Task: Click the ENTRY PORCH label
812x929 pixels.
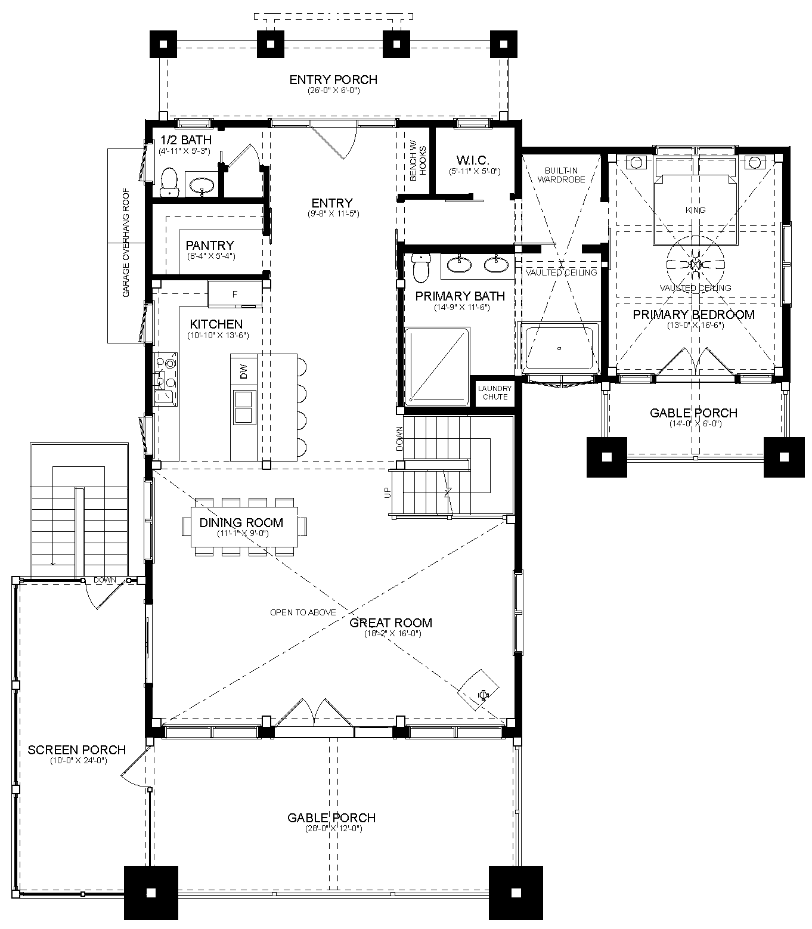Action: [333, 80]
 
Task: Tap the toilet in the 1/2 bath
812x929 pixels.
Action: [169, 182]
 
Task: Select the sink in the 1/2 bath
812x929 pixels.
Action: [202, 185]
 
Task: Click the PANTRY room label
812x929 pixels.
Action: [210, 246]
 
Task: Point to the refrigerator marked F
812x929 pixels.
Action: [235, 293]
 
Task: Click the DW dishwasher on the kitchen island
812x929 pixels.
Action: [244, 371]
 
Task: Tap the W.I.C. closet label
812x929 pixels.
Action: [473, 160]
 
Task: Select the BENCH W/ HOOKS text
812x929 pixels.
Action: [418, 163]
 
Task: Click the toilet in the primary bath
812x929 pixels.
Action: [420, 268]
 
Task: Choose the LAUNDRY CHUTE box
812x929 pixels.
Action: [494, 392]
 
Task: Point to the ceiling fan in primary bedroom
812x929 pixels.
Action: [695, 264]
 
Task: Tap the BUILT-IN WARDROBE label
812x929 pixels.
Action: [562, 175]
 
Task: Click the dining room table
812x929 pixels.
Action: [244, 527]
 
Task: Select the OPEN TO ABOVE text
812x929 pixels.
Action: [303, 612]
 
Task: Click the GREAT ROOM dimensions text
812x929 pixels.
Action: [393, 633]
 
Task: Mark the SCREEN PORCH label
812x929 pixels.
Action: [77, 750]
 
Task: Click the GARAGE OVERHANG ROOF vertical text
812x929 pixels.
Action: [126, 243]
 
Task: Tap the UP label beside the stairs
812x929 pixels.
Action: [387, 493]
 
